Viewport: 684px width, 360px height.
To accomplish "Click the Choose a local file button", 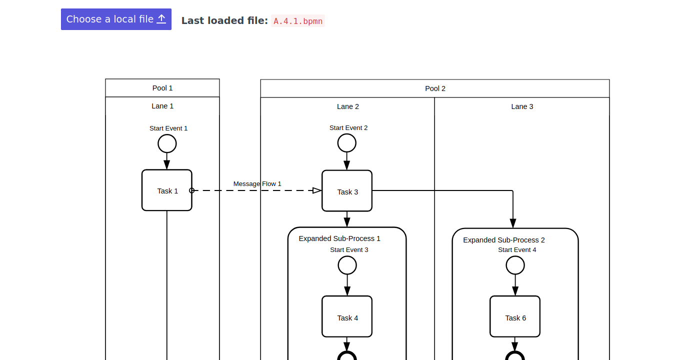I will point(116,19).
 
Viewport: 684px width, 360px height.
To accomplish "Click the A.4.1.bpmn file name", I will point(298,21).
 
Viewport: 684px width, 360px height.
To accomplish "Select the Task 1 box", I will point(167,190).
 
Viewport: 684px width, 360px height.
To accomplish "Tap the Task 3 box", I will point(347,191).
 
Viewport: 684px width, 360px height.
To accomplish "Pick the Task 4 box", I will point(347,316).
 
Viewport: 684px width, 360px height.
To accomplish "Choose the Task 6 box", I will point(515,316).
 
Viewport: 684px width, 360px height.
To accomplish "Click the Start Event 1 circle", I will point(167,143).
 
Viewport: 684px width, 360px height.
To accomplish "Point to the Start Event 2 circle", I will point(347,143).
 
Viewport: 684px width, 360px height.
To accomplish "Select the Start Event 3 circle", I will point(347,265).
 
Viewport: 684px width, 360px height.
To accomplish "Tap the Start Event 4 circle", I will point(515,265).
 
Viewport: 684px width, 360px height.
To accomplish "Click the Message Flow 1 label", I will point(257,184).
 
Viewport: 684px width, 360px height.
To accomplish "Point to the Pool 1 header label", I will point(162,88).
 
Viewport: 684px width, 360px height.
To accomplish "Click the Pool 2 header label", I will point(435,88).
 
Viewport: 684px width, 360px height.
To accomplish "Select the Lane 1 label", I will point(162,106).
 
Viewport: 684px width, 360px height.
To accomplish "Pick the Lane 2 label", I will point(348,106).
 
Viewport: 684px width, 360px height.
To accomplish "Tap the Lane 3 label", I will point(522,106).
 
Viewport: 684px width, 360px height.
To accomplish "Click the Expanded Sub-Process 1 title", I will point(339,238).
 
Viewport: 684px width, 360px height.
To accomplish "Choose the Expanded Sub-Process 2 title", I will point(504,240).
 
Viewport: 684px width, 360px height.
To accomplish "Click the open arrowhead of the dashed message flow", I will point(317,190).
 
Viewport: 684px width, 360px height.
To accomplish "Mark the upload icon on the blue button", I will point(161,19).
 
